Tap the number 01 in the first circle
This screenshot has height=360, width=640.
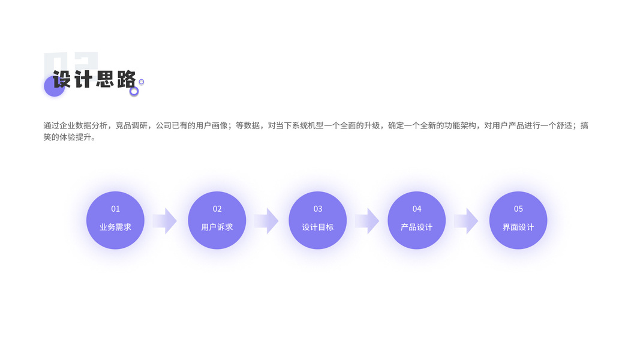(115, 209)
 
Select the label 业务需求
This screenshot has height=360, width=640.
(115, 227)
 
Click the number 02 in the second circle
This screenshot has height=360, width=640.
(217, 209)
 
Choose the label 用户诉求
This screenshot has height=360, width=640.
(217, 227)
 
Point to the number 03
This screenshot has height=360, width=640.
(318, 209)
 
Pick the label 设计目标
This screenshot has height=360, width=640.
(318, 227)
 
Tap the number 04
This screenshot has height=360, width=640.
(417, 209)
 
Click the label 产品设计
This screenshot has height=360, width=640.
(417, 227)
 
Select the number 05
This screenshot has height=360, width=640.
(518, 209)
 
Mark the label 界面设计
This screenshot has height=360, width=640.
(518, 227)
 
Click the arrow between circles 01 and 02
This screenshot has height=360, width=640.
(165, 221)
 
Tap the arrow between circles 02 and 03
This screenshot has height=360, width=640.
(266, 221)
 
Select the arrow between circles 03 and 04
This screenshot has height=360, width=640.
(367, 221)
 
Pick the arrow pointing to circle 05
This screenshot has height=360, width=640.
(466, 221)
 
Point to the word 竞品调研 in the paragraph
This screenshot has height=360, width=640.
(131, 125)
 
